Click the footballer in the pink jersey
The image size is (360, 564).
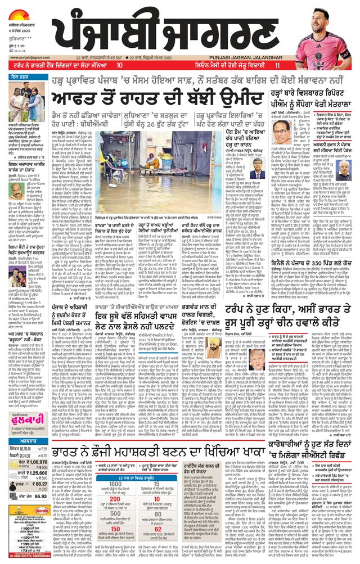pyautogui.click(x=329, y=34)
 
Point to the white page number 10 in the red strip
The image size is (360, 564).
pyautogui.click(x=119, y=66)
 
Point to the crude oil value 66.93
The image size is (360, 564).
pyautogui.click(x=39, y=497)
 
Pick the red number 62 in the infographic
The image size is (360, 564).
pyautogui.click(x=157, y=529)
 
